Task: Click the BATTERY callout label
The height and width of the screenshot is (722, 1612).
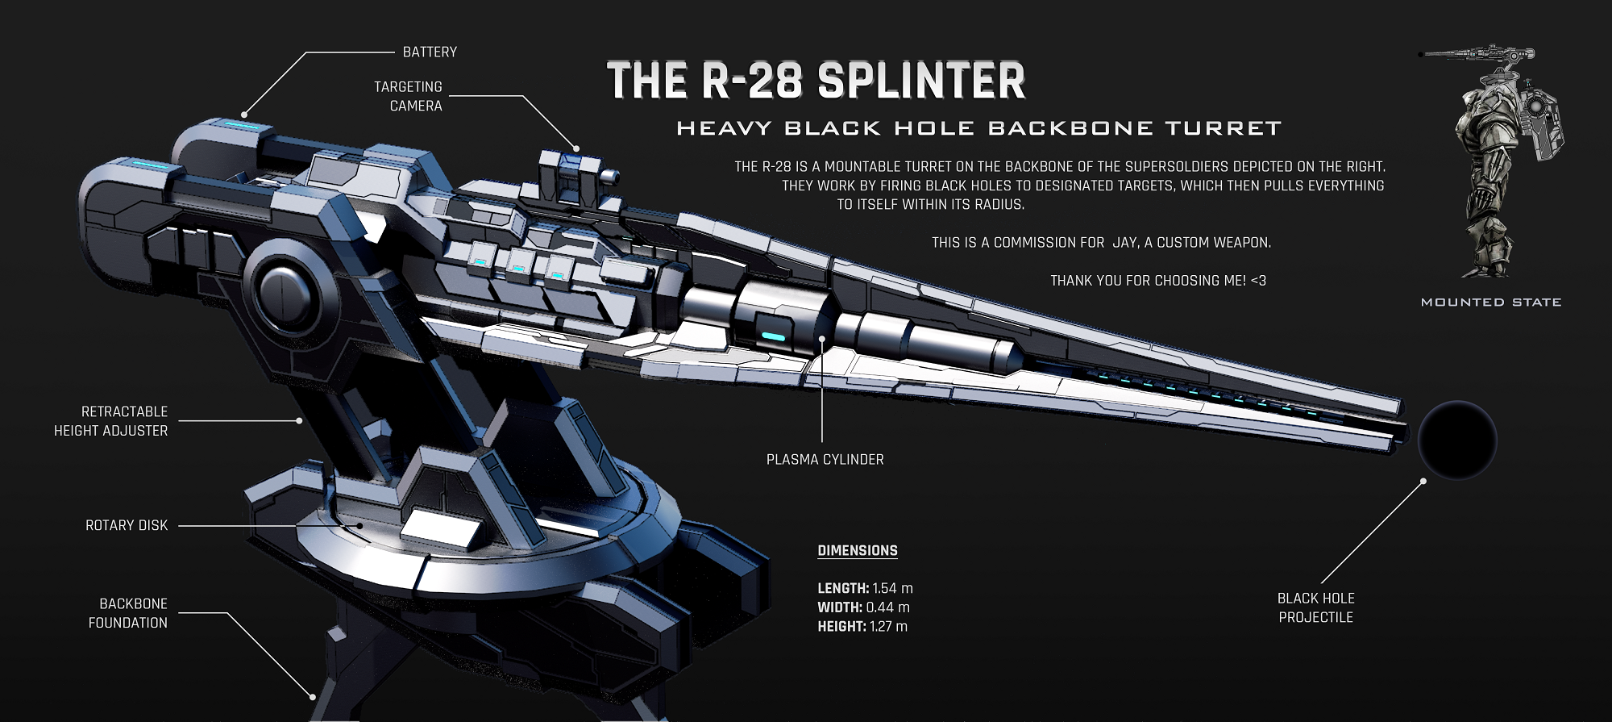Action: tap(430, 52)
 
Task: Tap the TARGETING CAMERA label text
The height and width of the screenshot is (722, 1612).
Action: tap(409, 96)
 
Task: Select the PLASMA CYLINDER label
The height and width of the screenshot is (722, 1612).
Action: tap(825, 460)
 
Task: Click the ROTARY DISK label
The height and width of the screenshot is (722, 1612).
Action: tap(127, 525)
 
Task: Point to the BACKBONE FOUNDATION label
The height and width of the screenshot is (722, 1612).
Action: tap(128, 613)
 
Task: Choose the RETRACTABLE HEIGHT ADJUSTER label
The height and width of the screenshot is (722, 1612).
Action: tap(111, 421)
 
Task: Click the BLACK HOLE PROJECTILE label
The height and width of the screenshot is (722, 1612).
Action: tap(1315, 607)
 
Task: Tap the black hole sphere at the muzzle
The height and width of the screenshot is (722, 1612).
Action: tap(1456, 440)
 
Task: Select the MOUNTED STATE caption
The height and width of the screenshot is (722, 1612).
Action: tap(1490, 303)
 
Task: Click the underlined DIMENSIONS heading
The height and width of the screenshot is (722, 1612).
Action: tap(858, 551)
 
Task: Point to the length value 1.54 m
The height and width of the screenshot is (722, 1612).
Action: tap(892, 589)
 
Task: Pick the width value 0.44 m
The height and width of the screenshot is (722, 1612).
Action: tap(887, 607)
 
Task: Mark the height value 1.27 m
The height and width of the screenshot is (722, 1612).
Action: tap(888, 627)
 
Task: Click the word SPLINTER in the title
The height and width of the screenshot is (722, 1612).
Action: tap(920, 81)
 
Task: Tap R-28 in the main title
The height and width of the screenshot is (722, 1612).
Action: tap(751, 81)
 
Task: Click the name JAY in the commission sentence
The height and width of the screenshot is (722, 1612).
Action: tap(1125, 243)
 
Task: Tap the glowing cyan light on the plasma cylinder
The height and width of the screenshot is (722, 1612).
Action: tap(772, 336)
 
